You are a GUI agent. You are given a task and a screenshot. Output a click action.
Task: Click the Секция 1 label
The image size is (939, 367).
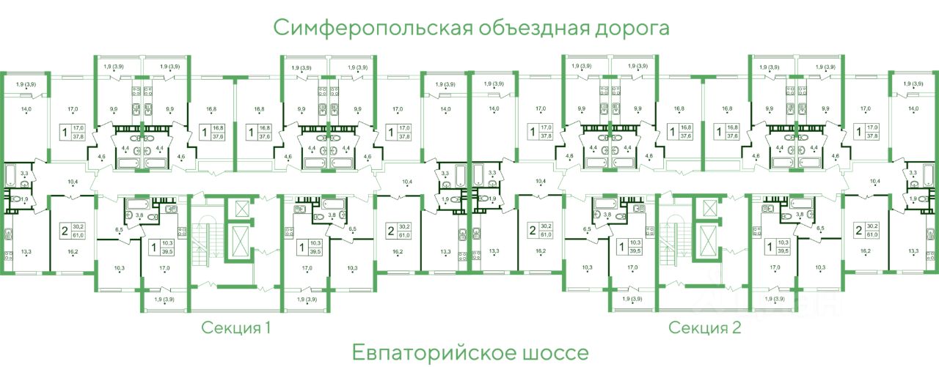[x=237, y=327]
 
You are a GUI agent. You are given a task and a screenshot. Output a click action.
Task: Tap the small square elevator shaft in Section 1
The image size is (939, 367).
[x=239, y=207]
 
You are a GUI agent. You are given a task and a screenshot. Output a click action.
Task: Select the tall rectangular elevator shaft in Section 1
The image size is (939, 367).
[x=239, y=240]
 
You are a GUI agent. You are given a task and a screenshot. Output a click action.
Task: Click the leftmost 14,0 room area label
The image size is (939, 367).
[x=26, y=109]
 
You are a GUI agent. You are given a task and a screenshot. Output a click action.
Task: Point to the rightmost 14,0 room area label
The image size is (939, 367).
[x=913, y=109]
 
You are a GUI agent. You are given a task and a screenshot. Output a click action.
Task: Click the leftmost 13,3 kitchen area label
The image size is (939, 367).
[x=26, y=251]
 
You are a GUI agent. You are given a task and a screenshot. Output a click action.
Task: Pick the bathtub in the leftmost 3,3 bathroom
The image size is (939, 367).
[x=11, y=175]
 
